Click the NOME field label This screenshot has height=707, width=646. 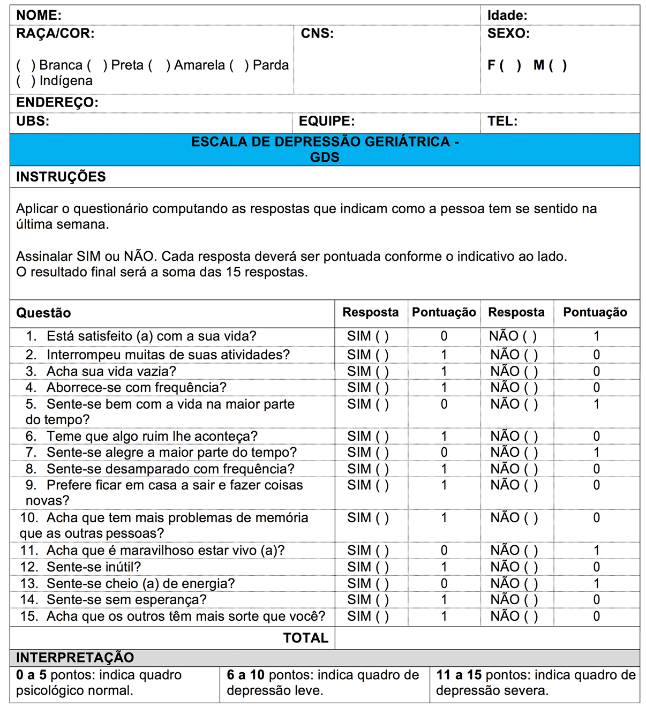pyautogui.click(x=39, y=16)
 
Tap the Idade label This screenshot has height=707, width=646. pyautogui.click(x=507, y=16)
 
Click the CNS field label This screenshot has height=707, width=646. pyautogui.click(x=317, y=34)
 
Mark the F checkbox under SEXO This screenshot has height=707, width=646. pyautogui.click(x=510, y=65)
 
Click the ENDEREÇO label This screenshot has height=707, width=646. pyautogui.click(x=57, y=102)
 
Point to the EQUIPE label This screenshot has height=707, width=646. pyautogui.click(x=326, y=121)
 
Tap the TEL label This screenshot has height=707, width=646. pyautogui.click(x=502, y=121)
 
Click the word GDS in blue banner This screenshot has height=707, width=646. pyautogui.click(x=325, y=157)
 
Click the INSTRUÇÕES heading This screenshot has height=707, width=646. pyautogui.click(x=61, y=177)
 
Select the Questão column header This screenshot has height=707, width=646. pyautogui.click(x=43, y=313)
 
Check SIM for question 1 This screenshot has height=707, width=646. pyautogui.click(x=382, y=336)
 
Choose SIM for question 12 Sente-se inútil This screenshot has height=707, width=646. pyautogui.click(x=382, y=567)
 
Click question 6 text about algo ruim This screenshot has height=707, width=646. pyautogui.click(x=152, y=437)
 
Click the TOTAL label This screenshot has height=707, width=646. pyautogui.click(x=305, y=638)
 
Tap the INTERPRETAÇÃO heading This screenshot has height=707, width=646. pyautogui.click(x=75, y=658)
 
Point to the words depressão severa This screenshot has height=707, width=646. pyautogui.click(x=492, y=691)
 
